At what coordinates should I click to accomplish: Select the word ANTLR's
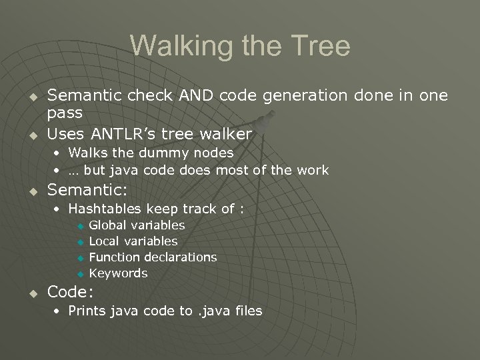tap(122, 134)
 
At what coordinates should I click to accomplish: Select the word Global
tap(107, 225)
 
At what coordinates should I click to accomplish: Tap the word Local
tap(104, 241)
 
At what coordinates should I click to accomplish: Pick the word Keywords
tap(118, 273)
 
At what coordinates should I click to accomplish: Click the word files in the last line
tap(245, 311)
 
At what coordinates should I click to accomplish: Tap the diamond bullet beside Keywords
tap(79, 274)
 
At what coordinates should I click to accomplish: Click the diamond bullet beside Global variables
tap(79, 226)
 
